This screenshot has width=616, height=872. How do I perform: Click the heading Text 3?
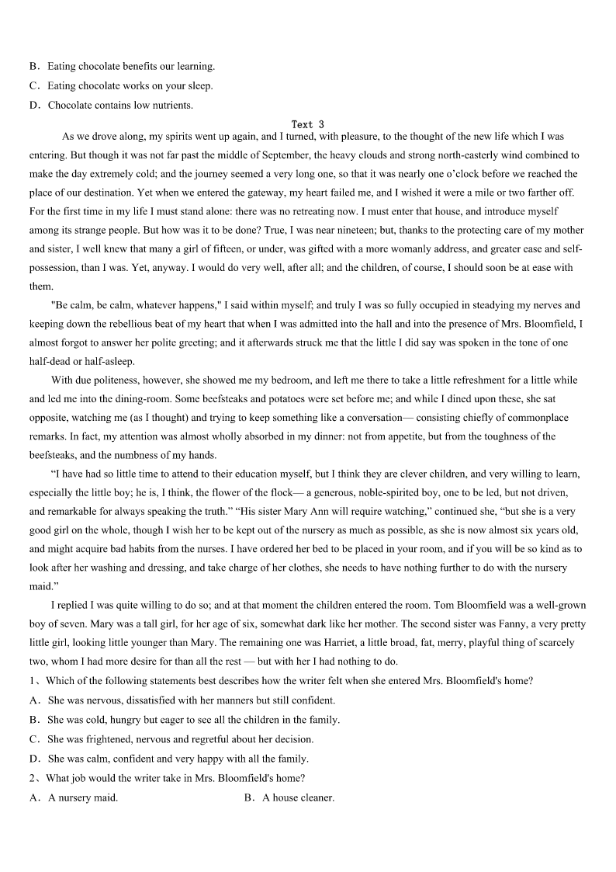click(x=307, y=124)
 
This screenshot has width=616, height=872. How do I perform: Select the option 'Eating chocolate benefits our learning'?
click(x=131, y=66)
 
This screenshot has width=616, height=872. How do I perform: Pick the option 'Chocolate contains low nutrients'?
click(x=120, y=105)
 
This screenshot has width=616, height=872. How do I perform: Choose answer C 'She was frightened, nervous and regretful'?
click(x=180, y=739)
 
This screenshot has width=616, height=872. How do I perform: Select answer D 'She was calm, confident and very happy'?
click(x=178, y=759)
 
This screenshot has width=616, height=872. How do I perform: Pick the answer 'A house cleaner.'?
click(x=298, y=797)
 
